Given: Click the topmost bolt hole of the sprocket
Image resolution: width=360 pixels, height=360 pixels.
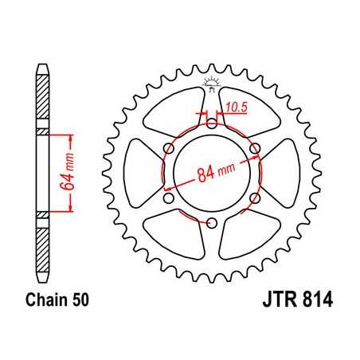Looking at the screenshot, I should pos(212,123).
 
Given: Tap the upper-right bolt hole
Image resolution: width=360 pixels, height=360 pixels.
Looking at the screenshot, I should pos(255,148).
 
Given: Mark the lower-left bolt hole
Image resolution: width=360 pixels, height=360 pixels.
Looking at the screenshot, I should pos(169,198).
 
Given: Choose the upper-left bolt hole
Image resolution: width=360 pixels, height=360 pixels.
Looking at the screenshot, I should pos(169,148).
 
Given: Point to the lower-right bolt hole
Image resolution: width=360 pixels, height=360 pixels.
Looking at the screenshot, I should pos(255,198).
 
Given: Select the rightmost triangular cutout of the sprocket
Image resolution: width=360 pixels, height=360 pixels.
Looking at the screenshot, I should pos(280,173).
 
